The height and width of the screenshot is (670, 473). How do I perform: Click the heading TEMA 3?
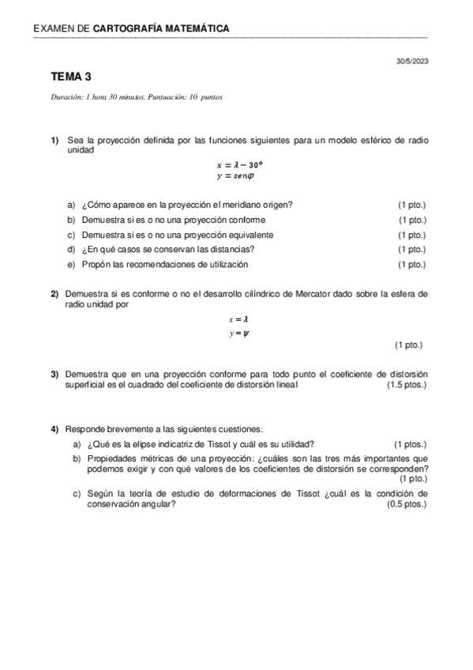(x=71, y=77)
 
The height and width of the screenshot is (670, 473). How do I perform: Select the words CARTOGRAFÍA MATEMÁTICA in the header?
(x=161, y=29)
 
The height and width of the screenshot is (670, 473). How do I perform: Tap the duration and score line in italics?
(x=136, y=97)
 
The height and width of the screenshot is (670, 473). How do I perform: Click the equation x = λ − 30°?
(x=239, y=165)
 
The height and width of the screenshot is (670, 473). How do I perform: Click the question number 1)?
(x=55, y=140)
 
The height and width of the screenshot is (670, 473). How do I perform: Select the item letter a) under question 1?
(x=71, y=205)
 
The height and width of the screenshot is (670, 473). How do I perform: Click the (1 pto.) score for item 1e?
(x=412, y=264)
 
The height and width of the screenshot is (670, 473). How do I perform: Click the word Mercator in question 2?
(x=332, y=294)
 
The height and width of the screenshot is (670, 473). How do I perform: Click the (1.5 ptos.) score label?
(x=407, y=385)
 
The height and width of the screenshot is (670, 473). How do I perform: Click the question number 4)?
(x=55, y=428)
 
